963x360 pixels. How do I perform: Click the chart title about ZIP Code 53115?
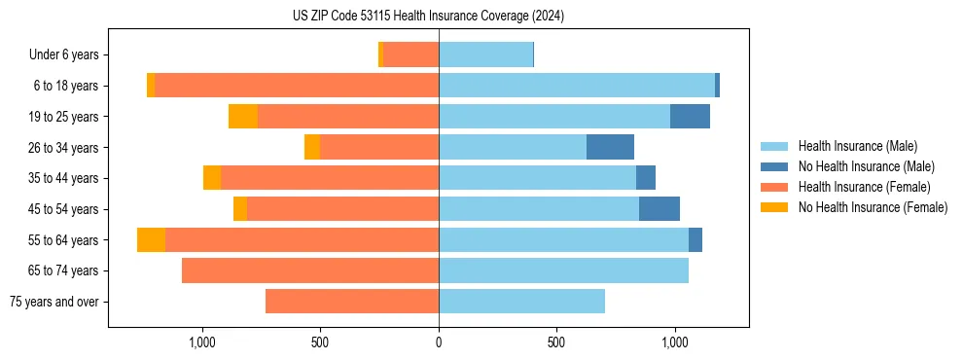[428, 17]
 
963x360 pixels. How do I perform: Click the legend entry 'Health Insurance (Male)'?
[858, 146]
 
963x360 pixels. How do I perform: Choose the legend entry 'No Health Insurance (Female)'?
[873, 207]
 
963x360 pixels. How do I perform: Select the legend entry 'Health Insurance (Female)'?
[865, 187]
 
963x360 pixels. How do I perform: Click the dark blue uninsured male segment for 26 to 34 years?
[610, 147]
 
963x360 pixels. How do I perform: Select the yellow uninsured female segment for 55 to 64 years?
[151, 239]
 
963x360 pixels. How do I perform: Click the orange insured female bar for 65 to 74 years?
[310, 270]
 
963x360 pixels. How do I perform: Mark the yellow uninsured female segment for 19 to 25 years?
[243, 117]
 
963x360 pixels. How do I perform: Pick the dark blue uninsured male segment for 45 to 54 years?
[660, 209]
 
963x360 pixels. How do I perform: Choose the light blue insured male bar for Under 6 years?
[485, 55]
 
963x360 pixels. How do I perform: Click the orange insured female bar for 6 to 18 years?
[297, 86]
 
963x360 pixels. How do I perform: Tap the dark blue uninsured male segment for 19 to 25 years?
[690, 117]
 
